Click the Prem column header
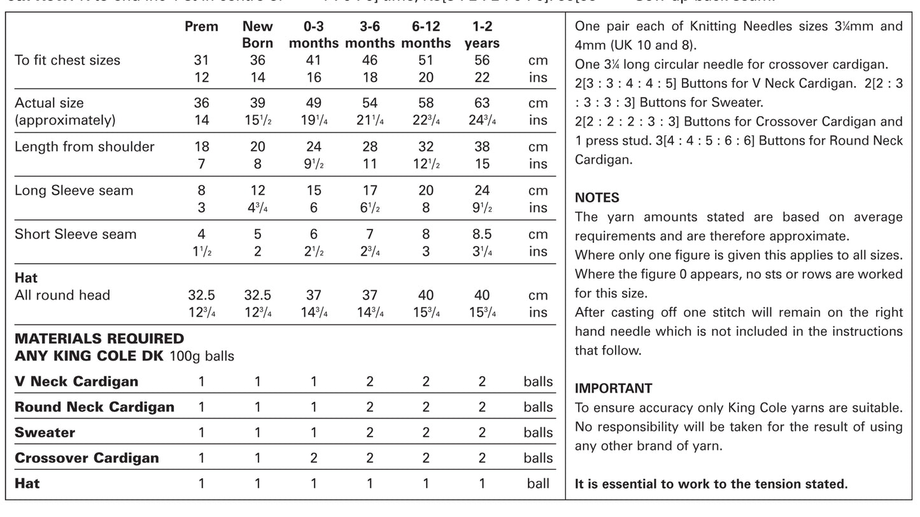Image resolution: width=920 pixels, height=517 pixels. click(201, 27)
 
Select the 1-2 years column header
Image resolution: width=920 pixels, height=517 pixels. click(482, 35)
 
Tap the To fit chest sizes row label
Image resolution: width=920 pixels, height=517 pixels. click(67, 61)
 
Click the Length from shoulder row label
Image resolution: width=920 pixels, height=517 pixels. click(85, 147)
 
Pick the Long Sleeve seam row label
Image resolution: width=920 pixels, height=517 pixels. click(74, 191)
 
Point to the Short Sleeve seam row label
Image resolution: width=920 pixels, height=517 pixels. click(76, 234)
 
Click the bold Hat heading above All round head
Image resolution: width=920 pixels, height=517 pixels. click(26, 278)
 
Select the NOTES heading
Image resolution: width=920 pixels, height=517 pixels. click(597, 198)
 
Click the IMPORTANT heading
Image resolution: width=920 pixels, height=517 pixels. click(613, 388)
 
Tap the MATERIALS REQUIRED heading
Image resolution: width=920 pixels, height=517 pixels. click(99, 339)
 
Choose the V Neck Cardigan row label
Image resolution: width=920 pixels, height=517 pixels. click(76, 382)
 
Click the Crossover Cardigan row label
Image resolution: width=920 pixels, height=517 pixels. click(87, 458)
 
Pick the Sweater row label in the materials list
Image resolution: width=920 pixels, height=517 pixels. click(45, 433)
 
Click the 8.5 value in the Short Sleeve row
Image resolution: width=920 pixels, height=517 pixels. click(482, 234)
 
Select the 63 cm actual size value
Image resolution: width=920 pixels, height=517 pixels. click(482, 103)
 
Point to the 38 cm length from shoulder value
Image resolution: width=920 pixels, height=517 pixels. click(482, 147)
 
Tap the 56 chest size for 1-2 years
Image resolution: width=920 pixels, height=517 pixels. click(482, 61)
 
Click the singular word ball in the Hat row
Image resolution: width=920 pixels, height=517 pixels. click(538, 484)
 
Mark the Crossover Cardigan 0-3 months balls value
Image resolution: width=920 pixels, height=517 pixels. click(314, 458)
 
